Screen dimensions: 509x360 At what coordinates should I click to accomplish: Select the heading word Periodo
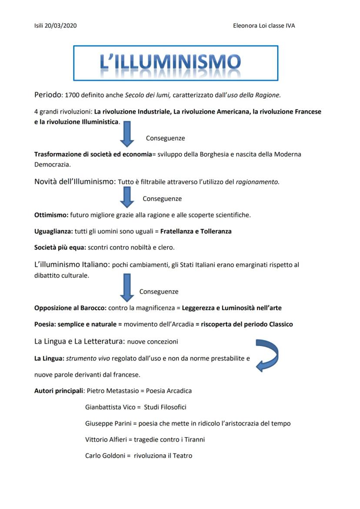48,94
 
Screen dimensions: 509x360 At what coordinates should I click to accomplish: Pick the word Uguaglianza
53,231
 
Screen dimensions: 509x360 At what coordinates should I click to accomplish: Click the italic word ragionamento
257,182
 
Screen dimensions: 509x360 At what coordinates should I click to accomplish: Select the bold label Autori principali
59,390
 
